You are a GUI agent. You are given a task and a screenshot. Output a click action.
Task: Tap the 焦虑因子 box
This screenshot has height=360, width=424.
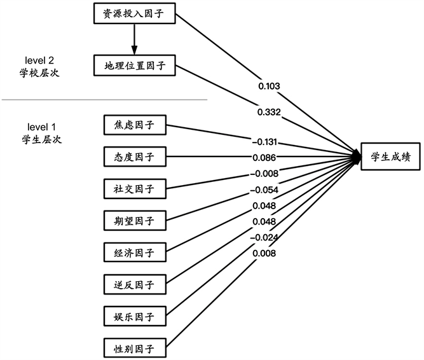click(134, 125)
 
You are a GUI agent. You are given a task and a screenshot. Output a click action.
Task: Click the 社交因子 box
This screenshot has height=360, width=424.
click(134, 188)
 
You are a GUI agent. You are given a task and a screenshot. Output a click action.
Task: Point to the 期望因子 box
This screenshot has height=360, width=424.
click(134, 220)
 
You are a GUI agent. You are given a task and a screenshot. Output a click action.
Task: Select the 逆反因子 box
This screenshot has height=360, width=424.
click(134, 284)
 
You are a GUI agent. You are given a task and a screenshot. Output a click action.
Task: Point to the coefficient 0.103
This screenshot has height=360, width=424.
click(270, 85)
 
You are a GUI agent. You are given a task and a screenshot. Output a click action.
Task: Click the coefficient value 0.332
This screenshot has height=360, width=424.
click(270, 111)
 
